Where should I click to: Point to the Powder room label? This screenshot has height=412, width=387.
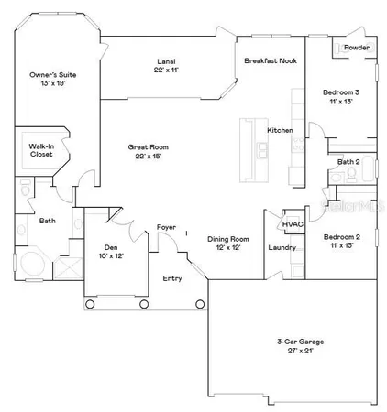[x=356, y=48]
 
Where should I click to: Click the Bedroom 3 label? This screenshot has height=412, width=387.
[x=340, y=93]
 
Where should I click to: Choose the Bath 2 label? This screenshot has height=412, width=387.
[x=348, y=162]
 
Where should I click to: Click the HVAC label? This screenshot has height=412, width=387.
[x=293, y=224]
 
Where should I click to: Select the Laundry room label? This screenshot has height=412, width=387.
[x=282, y=247]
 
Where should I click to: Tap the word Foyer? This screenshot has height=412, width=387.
[x=166, y=227]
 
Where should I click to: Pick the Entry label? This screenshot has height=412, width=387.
[x=172, y=277]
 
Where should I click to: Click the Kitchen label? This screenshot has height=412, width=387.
[x=280, y=131]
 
